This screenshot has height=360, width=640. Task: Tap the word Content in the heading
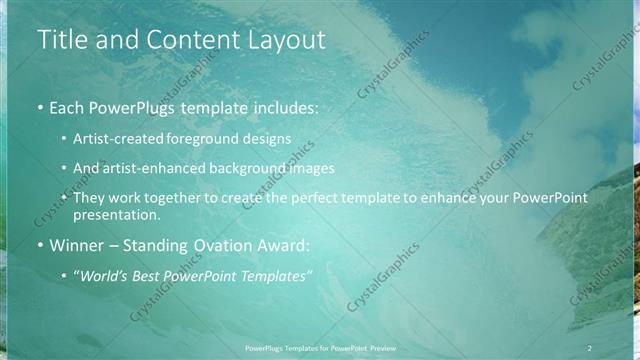click(x=191, y=40)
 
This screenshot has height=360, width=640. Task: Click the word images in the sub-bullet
click(x=311, y=168)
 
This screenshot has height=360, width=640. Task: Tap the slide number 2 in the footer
click(x=589, y=347)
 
